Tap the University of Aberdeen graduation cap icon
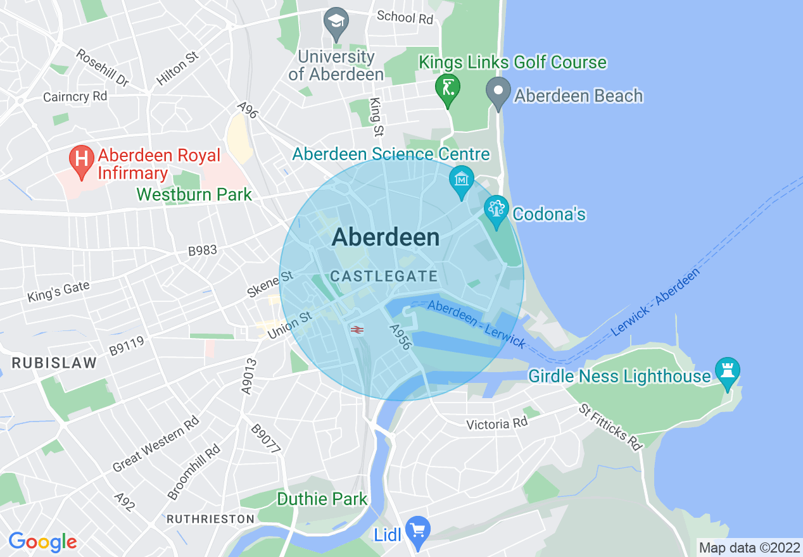pos(336,21)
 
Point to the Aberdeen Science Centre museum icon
pos(462,180)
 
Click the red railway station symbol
pos(357,329)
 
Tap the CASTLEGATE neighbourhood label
pos(384,276)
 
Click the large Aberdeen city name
pos(385,237)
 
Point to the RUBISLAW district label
pos(54,363)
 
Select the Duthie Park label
pos(322,499)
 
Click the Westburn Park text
pos(194,194)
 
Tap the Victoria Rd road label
pos(496,423)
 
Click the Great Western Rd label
pos(156,445)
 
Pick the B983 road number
pos(202,251)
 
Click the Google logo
pos(42,542)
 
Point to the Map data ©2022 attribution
pos(749,548)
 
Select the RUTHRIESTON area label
pos(210,519)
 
